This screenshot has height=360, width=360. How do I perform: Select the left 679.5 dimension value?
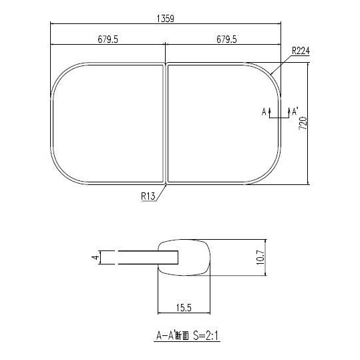click(108, 40)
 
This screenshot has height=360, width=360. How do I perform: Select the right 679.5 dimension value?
click(225, 40)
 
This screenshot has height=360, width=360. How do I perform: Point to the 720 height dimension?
click(303, 123)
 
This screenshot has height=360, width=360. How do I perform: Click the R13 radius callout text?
click(148, 196)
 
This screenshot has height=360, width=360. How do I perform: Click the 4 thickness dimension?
click(96, 256)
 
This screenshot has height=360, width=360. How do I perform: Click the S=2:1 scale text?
click(205, 338)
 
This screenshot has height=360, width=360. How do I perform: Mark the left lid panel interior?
click(107, 123)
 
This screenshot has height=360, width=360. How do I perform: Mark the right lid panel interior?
click(220, 123)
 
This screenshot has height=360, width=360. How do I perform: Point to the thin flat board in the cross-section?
click(140, 257)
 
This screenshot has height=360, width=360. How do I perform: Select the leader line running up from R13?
click(162, 191)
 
